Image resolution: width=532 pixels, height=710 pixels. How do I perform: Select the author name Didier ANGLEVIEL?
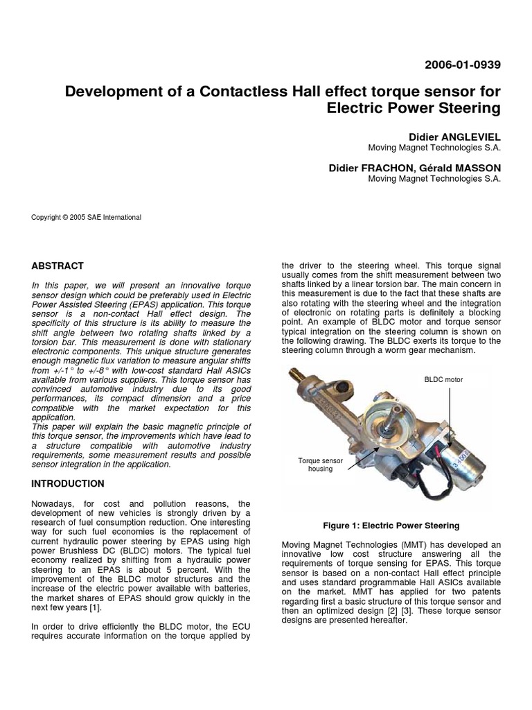point(455,137)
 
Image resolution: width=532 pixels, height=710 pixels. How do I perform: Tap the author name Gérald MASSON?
point(467,167)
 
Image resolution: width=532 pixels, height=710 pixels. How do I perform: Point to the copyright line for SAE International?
point(87,217)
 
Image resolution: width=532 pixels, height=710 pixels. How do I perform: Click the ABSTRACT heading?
point(57,266)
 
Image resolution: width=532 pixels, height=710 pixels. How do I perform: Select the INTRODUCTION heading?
point(68,483)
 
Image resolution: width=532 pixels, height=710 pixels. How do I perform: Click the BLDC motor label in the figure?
point(443,380)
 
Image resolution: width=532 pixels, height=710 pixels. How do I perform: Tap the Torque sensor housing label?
point(316,464)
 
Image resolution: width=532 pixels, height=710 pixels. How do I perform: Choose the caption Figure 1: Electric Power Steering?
point(391,526)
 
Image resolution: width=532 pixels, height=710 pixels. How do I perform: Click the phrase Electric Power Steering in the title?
point(413,108)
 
